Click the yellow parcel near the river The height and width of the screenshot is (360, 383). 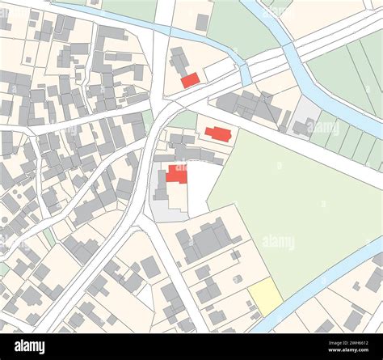[x=265, y=296]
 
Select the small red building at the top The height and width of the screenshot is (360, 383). [x=190, y=80]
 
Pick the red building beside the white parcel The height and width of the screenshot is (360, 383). [x=176, y=175]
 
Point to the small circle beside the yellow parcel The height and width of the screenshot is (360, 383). [x=237, y=279]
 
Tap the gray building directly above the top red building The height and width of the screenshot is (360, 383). [x=179, y=61]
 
